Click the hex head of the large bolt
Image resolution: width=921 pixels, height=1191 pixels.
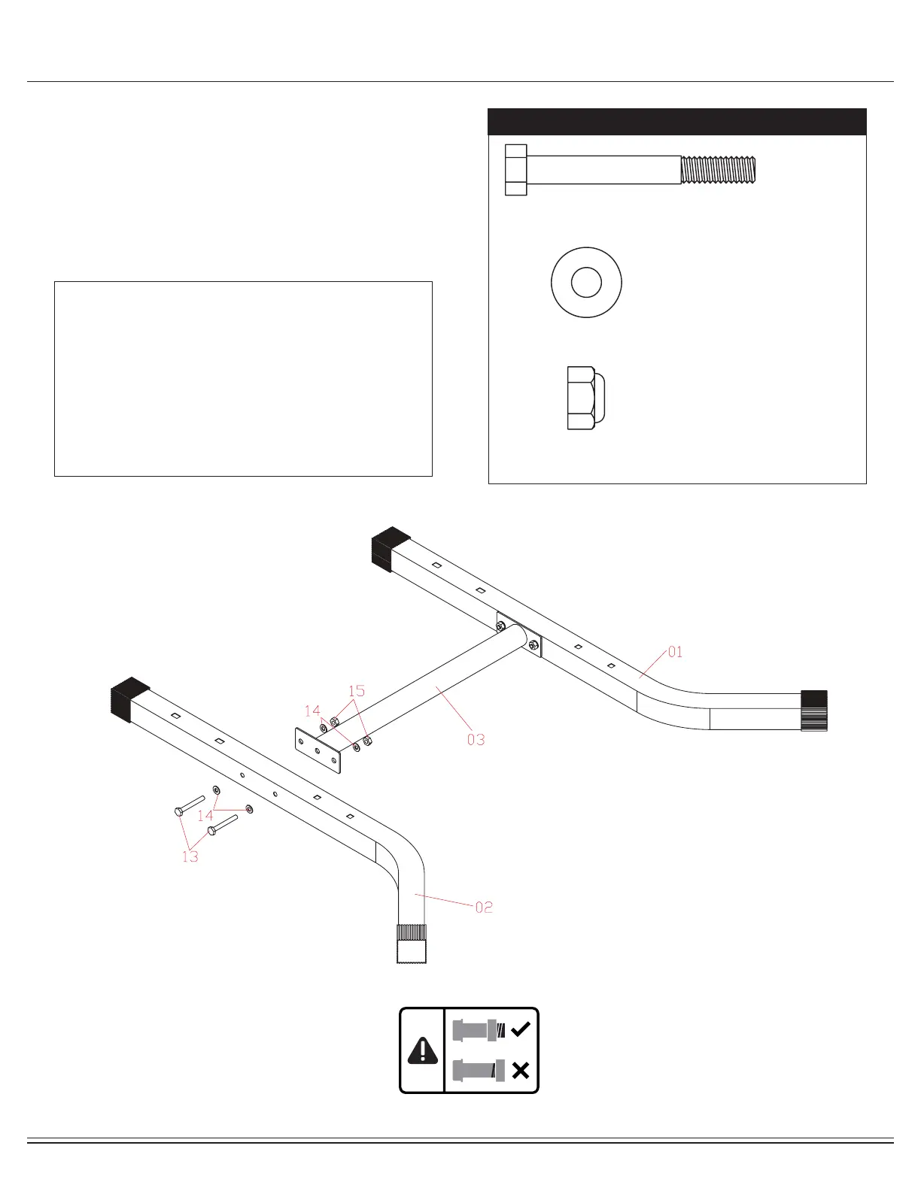516,170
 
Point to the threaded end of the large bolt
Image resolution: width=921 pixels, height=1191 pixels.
718,170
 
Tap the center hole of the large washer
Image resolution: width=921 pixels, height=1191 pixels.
586,283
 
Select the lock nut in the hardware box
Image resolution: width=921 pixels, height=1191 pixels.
585,397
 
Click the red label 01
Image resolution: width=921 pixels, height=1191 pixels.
675,652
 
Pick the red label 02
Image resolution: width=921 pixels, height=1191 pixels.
484,908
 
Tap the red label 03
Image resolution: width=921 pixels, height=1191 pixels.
476,740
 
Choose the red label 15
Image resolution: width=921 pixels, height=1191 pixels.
357,690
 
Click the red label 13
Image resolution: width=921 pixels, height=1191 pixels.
190,856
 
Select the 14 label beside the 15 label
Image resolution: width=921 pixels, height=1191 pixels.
312,711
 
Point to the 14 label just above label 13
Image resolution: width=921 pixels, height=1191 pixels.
205,816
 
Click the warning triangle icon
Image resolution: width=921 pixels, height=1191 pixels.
422,1050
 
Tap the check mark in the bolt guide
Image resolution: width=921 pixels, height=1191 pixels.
520,1029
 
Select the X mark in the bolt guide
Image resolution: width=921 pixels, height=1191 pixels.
520,1071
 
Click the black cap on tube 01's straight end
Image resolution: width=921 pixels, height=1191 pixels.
391,549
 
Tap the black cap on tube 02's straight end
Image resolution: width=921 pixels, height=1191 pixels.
129,699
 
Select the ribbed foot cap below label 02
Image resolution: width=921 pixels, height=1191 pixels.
411,943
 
